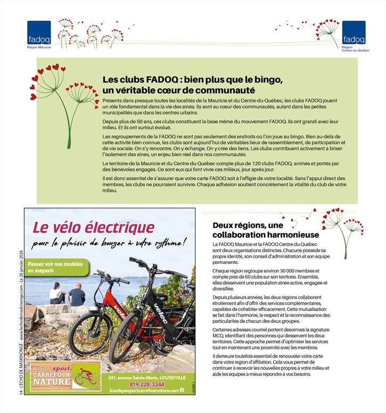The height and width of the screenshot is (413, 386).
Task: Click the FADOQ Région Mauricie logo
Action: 39,33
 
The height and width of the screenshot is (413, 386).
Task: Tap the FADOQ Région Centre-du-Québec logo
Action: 354,33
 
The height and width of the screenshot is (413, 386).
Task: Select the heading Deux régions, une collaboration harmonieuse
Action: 266,230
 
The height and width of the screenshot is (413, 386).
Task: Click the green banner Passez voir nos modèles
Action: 55,268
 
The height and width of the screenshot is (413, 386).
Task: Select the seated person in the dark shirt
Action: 77,294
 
